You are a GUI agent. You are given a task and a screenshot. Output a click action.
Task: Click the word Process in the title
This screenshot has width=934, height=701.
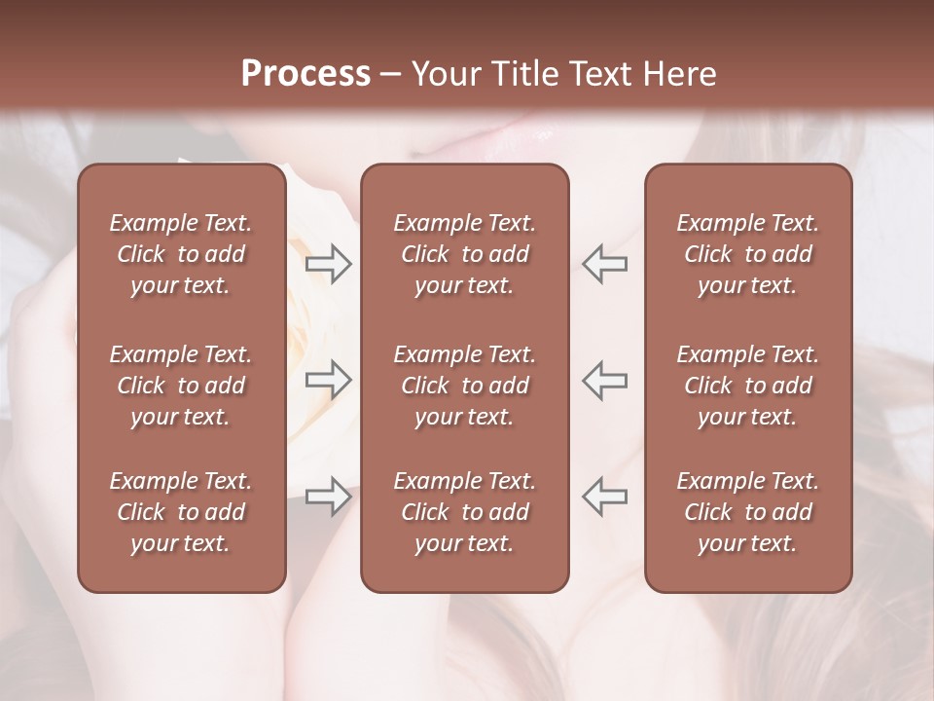point(305,74)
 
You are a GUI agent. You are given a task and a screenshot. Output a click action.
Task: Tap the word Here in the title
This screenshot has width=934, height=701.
point(680,74)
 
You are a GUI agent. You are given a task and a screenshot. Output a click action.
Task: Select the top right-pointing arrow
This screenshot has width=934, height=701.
point(328,264)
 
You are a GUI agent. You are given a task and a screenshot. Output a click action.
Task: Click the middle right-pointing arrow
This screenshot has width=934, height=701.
point(328,380)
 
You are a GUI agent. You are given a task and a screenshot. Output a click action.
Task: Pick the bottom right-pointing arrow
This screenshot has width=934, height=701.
point(328,497)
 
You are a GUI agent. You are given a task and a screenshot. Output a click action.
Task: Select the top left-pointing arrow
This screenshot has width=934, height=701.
point(605,264)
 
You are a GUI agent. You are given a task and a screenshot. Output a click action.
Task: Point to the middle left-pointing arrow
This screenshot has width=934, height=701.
point(605,380)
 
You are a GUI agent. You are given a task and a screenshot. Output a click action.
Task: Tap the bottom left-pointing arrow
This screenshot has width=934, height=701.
point(605,497)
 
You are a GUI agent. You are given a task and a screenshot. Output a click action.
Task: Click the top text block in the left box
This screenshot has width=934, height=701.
point(181,254)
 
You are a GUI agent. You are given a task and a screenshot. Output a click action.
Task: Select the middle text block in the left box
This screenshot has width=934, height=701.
point(181,386)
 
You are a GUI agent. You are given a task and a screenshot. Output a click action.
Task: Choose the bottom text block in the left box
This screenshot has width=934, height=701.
point(181,512)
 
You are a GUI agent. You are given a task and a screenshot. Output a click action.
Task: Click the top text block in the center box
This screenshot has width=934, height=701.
point(464,254)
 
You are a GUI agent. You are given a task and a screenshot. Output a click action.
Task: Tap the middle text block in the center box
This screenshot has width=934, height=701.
point(464,386)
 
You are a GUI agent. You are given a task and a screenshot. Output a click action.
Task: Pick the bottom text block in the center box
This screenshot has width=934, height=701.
point(464,512)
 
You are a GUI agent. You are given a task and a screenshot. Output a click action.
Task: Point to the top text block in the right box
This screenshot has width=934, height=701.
point(747,254)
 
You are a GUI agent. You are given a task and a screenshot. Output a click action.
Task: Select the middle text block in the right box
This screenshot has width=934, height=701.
point(747,386)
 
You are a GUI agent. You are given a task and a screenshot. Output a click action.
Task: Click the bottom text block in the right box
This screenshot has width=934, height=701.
point(747,512)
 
